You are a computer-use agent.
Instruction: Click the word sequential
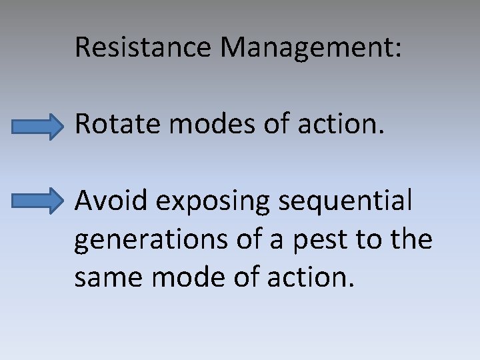click(347, 202)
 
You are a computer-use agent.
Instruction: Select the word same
click(108, 277)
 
